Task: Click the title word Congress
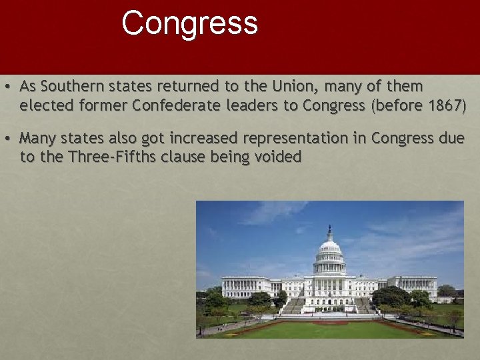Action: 189,23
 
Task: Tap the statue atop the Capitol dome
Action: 329,229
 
